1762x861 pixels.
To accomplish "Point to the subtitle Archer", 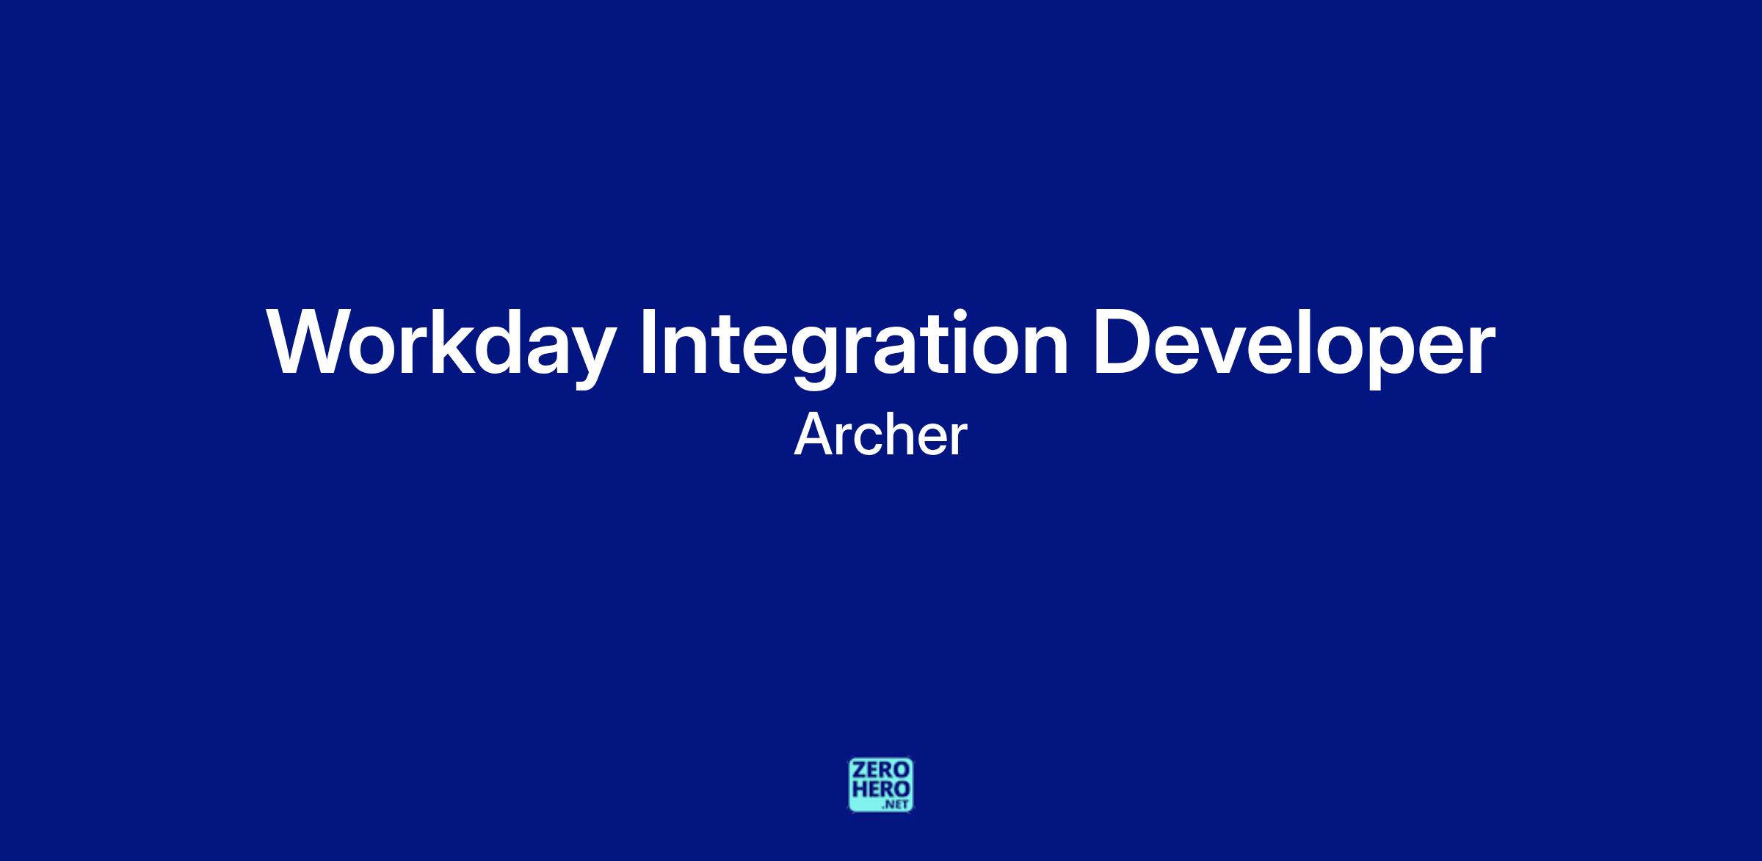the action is pyautogui.click(x=880, y=435).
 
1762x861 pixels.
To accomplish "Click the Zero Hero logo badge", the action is pyautogui.click(x=881, y=785).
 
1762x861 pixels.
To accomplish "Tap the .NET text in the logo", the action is pyautogui.click(x=896, y=805).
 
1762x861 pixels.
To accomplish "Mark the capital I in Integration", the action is pyautogui.click(x=648, y=342).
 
